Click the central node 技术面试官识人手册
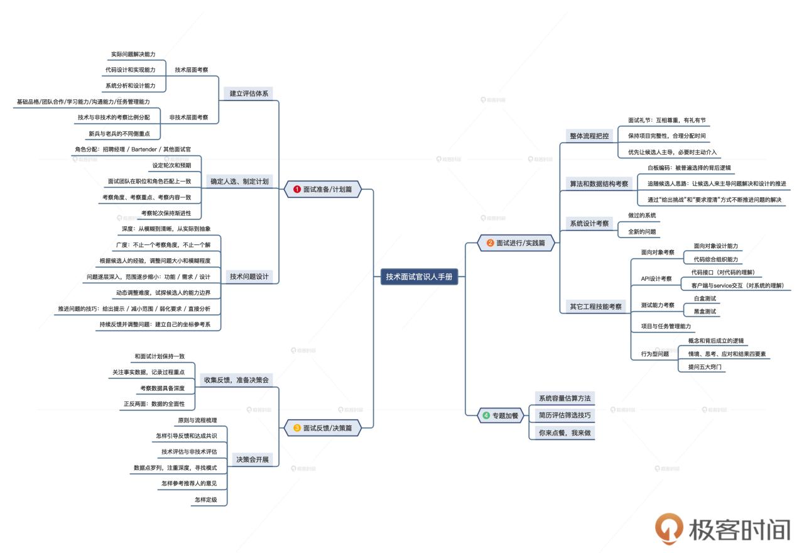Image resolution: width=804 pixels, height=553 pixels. (420, 276)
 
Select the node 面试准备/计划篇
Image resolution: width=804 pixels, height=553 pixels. (323, 189)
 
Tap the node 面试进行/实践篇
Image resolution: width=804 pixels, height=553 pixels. (516, 242)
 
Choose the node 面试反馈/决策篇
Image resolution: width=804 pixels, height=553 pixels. (323, 428)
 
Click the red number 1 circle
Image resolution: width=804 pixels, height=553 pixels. (297, 189)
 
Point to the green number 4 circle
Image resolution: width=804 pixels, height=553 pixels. (486, 415)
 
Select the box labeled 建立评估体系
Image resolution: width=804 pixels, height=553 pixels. (249, 93)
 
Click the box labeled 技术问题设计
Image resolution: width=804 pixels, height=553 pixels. (249, 276)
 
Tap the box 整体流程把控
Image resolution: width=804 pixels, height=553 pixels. (589, 136)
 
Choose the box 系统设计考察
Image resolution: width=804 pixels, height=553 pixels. (589, 223)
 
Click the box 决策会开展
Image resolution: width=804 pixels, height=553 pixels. (253, 459)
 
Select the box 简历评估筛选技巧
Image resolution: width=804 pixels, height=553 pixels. (564, 415)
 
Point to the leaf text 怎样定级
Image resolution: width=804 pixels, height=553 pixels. (205, 500)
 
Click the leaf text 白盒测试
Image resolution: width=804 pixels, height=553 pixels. (704, 298)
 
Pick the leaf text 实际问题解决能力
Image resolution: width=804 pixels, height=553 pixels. (133, 55)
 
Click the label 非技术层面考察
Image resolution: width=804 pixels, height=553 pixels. (188, 118)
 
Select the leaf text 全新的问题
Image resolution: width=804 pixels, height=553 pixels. (642, 231)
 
